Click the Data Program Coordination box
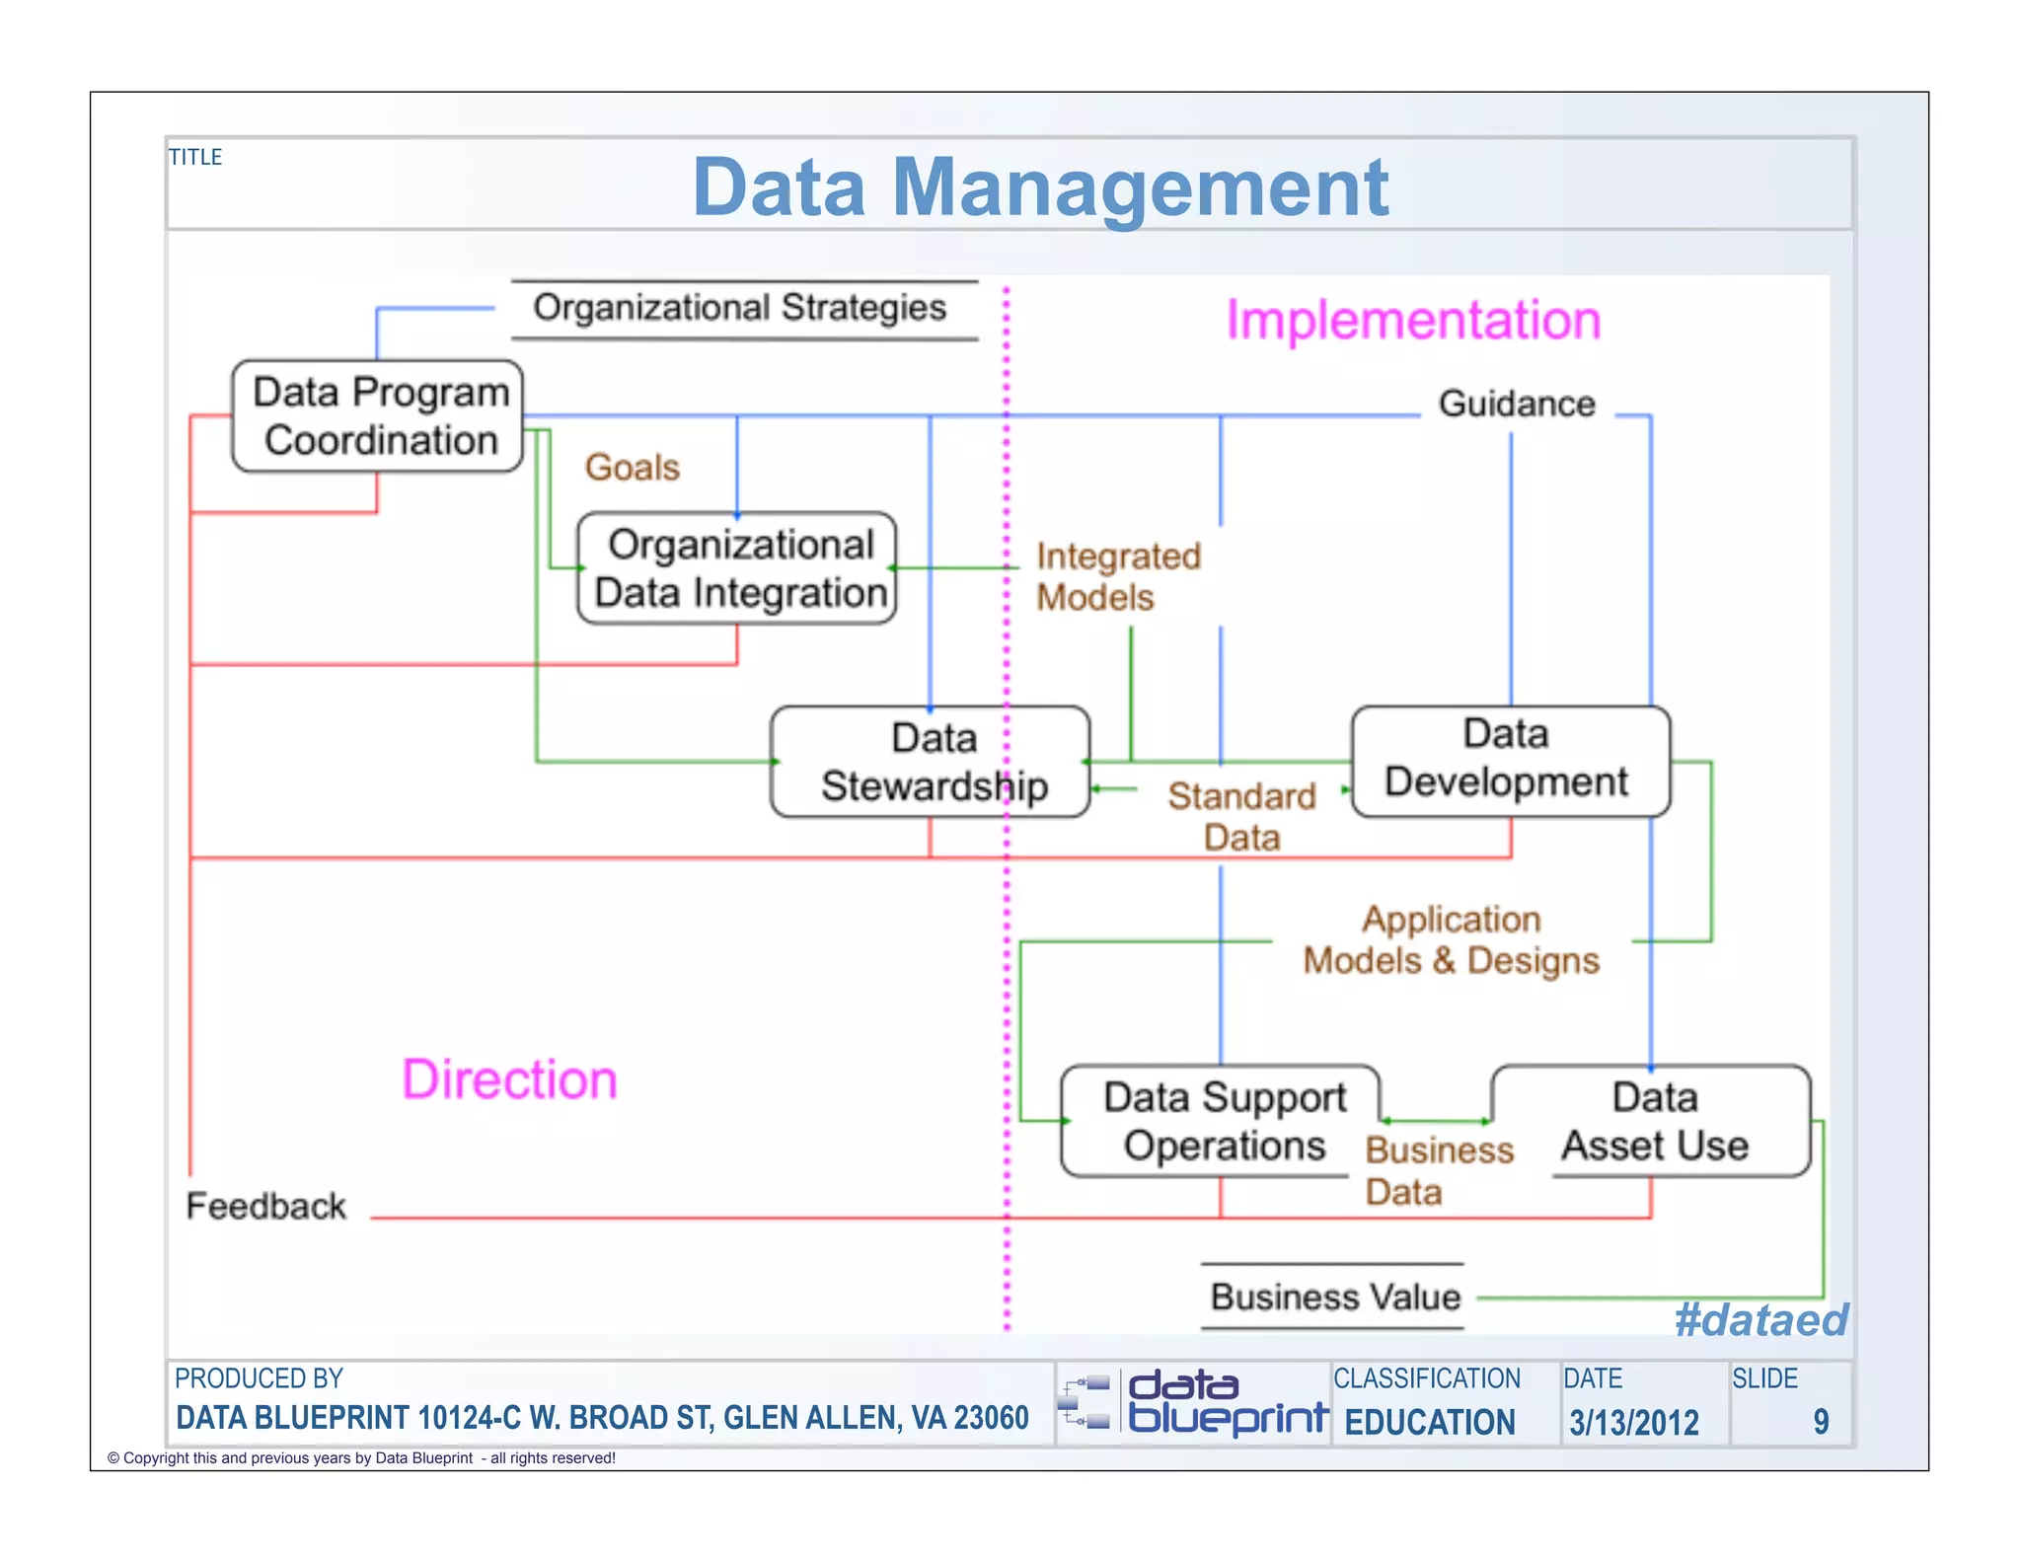tap(378, 415)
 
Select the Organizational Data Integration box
tap(737, 567)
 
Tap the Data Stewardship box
tap(930, 761)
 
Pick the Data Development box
tap(1510, 760)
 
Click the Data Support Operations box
tap(1222, 1120)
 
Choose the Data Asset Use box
tap(1653, 1120)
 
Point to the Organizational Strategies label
tap(740, 308)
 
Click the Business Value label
tap(1334, 1296)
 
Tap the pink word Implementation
tap(1413, 321)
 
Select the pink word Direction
tap(509, 1079)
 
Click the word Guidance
tap(1516, 404)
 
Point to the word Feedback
tap(265, 1206)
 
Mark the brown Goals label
tap(633, 467)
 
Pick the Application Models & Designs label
tap(1451, 939)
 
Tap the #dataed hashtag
tap(1760, 1319)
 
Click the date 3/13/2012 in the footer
tap(1634, 1422)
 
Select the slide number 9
tap(1821, 1421)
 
